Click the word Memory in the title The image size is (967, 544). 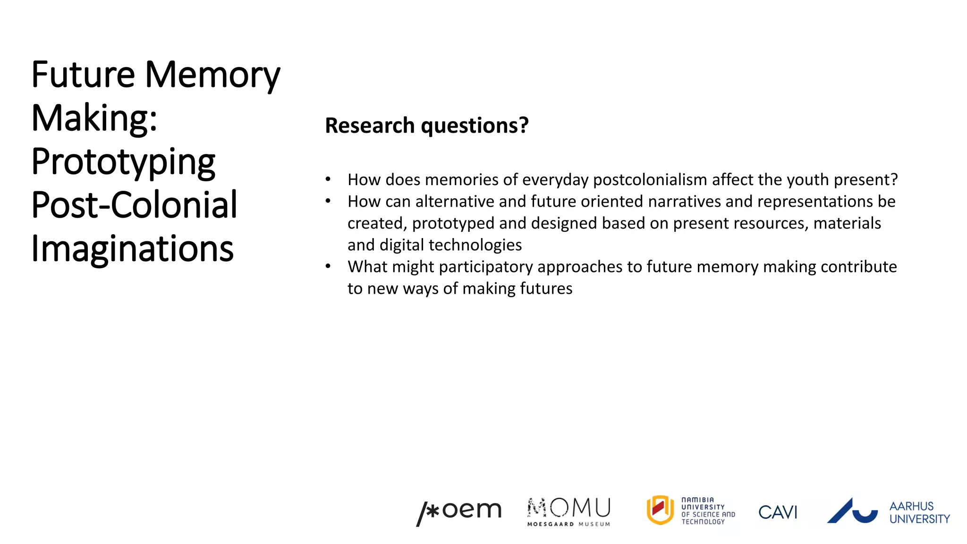pyautogui.click(x=212, y=76)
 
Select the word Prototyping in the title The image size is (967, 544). pyautogui.click(x=123, y=162)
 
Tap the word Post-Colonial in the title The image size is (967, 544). pyautogui.click(x=134, y=205)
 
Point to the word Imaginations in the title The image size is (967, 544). pyautogui.click(x=132, y=249)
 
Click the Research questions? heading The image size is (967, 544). pyautogui.click(x=426, y=126)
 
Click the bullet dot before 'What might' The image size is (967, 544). pyautogui.click(x=328, y=267)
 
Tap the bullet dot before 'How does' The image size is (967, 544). pyautogui.click(x=328, y=180)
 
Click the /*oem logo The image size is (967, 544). pyautogui.click(x=458, y=512)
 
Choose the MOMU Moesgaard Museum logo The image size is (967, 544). pyautogui.click(x=568, y=511)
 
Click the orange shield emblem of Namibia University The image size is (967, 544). pyautogui.click(x=660, y=510)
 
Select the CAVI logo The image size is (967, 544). pyautogui.click(x=778, y=512)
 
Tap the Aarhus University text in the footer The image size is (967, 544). pyautogui.click(x=919, y=512)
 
